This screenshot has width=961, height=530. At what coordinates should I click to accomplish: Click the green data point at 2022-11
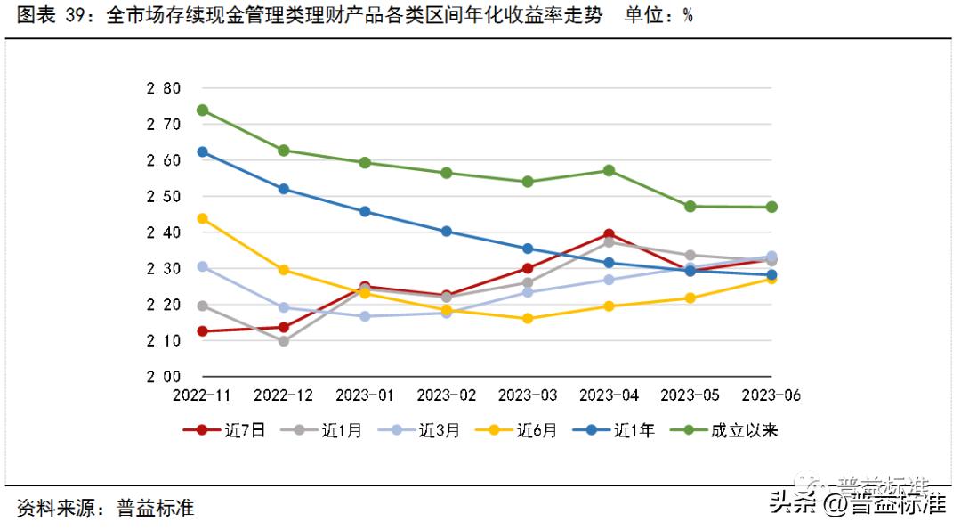tap(202, 110)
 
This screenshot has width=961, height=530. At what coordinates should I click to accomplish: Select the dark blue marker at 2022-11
tap(202, 152)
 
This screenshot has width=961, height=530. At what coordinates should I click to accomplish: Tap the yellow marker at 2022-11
tap(202, 218)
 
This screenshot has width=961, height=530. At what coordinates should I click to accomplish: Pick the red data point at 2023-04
tap(609, 234)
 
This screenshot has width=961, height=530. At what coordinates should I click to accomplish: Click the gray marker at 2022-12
tap(284, 341)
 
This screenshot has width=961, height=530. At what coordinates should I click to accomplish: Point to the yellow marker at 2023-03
tap(528, 318)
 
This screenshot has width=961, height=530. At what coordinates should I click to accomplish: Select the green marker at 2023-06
tap(771, 207)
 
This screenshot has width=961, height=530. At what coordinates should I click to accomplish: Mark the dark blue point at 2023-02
tap(447, 232)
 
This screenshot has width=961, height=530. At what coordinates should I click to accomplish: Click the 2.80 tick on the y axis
tap(163, 88)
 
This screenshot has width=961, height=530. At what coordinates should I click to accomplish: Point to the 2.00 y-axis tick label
tap(163, 377)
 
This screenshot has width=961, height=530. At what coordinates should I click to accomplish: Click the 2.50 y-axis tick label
tap(163, 197)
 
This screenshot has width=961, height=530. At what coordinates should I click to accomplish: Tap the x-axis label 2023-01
tap(365, 395)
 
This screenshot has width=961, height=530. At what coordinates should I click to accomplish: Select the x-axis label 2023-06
tap(771, 395)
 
